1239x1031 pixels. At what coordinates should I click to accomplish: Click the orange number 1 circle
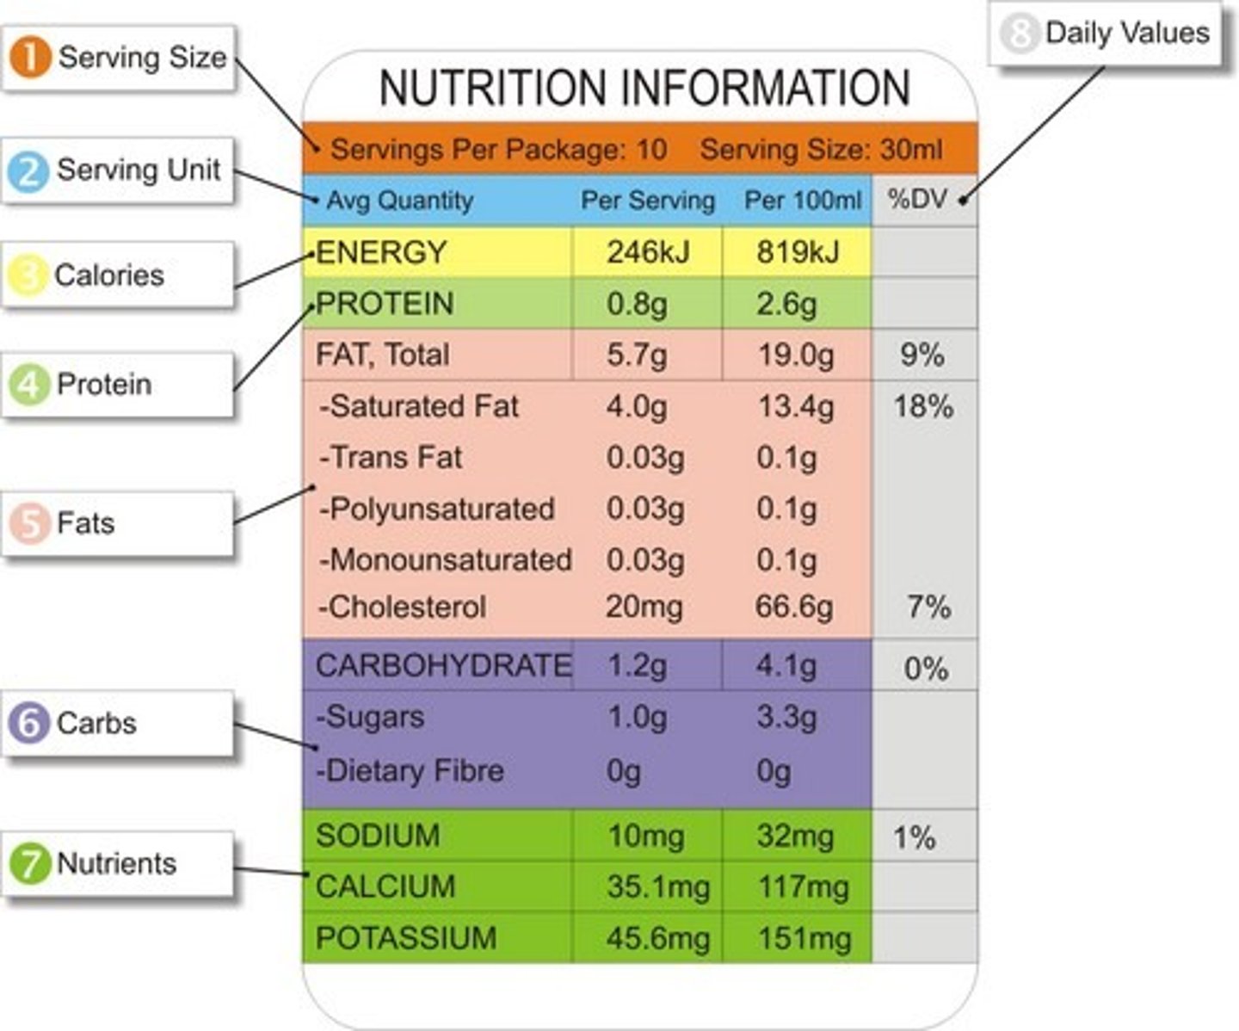pos(30,58)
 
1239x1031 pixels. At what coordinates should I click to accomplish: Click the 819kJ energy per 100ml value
pos(797,252)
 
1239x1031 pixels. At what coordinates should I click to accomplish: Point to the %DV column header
pos(917,200)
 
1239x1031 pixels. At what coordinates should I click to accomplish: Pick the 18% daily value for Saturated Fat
pos(922,406)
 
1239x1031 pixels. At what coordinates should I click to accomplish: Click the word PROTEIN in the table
pos(385,304)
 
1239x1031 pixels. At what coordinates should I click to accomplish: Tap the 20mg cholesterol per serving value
pos(644,607)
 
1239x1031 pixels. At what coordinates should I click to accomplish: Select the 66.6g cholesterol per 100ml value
pos(793,607)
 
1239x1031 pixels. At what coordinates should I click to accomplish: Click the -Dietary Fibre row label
pos(410,770)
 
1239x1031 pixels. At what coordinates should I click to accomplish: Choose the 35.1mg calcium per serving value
pos(658,886)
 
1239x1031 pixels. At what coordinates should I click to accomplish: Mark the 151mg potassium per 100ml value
pos(804,938)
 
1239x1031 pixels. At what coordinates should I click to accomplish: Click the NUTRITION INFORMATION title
pos(644,88)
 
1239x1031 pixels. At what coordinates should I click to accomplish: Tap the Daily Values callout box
pos(1106,34)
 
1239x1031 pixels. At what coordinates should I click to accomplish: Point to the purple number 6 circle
pos(29,723)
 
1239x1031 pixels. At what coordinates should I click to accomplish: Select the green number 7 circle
pos(29,863)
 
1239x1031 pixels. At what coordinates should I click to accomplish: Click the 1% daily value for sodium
pos(914,837)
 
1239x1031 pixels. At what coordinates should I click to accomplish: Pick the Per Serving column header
pos(647,201)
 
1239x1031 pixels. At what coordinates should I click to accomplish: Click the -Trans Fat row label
pos(391,457)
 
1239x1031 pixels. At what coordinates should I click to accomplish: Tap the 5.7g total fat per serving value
pos(636,355)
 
